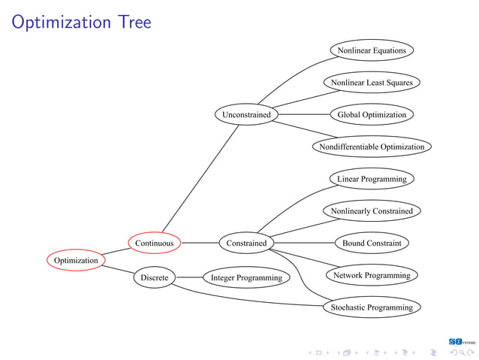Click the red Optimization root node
tap(76, 260)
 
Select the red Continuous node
tap(154, 243)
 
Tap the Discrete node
tap(154, 277)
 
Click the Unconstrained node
tap(246, 115)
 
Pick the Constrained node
tap(246, 243)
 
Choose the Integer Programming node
tap(246, 277)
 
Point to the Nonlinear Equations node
tap(372, 50)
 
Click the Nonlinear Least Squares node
tap(372, 82)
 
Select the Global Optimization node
tap(372, 115)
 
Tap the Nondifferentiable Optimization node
tap(372, 147)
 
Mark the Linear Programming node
tap(372, 179)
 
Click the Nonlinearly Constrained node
tap(372, 211)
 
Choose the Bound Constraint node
tap(372, 243)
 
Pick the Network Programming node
tap(372, 275)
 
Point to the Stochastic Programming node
tap(372, 307)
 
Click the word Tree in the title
tap(133, 23)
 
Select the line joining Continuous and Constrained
tap(199, 243)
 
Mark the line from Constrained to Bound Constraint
tap(304, 243)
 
